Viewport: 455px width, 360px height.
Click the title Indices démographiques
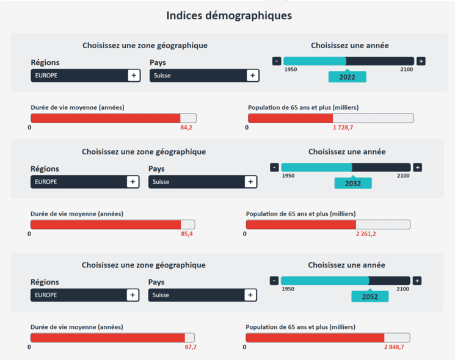[x=228, y=15]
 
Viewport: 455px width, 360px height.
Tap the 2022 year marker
[x=347, y=77]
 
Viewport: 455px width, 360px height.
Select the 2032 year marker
[x=353, y=183]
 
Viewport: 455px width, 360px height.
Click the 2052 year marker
[x=369, y=297]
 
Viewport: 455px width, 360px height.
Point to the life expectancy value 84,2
[x=186, y=128]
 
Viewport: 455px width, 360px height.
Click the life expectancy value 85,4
[x=186, y=234]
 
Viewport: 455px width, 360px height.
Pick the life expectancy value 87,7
[x=190, y=347]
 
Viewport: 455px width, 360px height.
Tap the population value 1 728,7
[x=343, y=128]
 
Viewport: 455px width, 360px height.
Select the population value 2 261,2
[x=366, y=234]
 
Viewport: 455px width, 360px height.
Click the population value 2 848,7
[x=394, y=347]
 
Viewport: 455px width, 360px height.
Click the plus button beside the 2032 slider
[x=417, y=167]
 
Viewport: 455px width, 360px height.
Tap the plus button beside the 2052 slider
[x=417, y=281]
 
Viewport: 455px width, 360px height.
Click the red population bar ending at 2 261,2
[x=300, y=225]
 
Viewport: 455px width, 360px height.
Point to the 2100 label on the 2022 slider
[x=406, y=70]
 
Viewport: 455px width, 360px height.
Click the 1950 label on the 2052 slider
[x=288, y=289]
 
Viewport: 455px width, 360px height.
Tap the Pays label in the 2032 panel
[x=156, y=169]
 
